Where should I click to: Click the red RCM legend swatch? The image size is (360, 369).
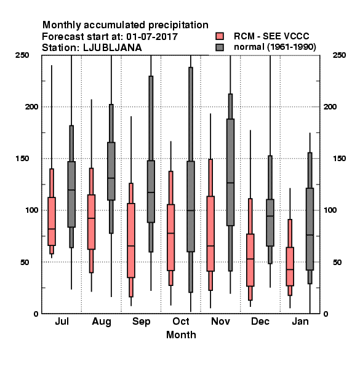220,36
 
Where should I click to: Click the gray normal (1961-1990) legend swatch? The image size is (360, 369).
220,47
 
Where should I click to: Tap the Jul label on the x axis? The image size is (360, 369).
62,321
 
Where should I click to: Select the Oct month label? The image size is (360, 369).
181,321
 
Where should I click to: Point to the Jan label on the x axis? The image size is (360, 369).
300,321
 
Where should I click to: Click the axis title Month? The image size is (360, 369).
181,335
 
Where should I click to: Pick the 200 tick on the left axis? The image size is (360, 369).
31,106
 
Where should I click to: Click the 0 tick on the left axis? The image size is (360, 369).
36,314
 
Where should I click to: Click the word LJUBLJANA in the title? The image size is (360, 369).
113,48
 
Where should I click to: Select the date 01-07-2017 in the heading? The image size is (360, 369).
152,37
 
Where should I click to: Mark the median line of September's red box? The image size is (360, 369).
131,245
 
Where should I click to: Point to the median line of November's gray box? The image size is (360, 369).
231,183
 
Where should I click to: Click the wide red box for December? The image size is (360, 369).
250,260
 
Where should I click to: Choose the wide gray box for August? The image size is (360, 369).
111,171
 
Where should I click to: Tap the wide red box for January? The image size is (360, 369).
290,266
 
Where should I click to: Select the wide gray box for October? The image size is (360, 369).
191,207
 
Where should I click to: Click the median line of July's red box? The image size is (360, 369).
52,229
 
